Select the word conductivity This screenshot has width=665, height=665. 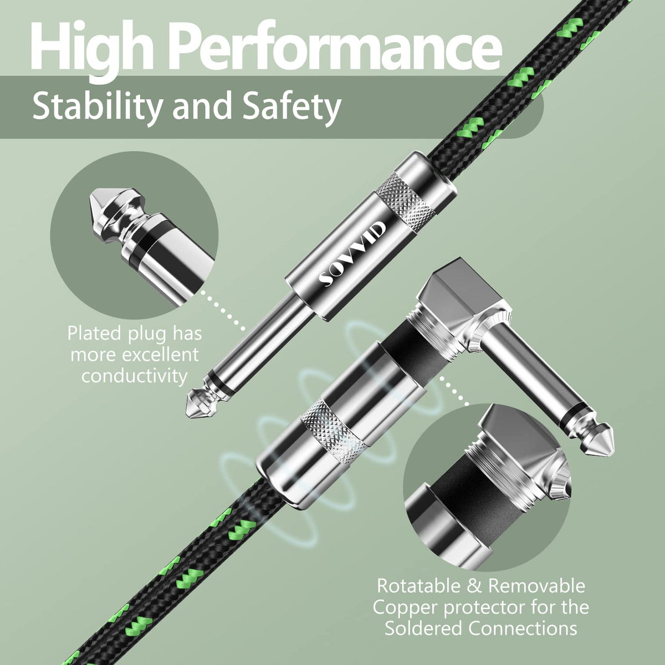point(134,376)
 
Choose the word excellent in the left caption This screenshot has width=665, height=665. point(161,355)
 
